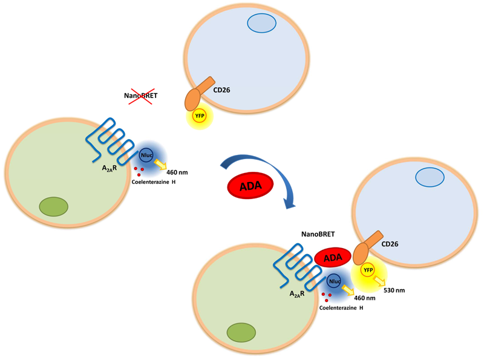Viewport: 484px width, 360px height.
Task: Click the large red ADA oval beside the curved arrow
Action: pyautogui.click(x=249, y=187)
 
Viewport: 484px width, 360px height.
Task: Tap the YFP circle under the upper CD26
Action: pyautogui.click(x=199, y=115)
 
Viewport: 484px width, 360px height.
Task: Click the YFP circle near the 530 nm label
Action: pyautogui.click(x=367, y=270)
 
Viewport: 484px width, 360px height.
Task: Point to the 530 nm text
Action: pyautogui.click(x=394, y=290)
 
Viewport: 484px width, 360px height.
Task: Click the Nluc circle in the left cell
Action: pyautogui.click(x=146, y=155)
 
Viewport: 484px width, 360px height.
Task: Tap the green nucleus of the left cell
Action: pyautogui.click(x=53, y=207)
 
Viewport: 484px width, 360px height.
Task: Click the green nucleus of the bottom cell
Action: pyautogui.click(x=241, y=332)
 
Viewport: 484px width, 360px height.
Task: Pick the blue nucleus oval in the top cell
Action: pyautogui.click(x=261, y=23)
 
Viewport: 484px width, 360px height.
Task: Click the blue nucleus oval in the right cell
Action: pyautogui.click(x=430, y=177)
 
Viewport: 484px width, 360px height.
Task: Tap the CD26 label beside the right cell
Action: pyautogui.click(x=391, y=245)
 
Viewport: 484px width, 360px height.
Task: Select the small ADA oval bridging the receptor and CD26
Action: pyautogui.click(x=332, y=257)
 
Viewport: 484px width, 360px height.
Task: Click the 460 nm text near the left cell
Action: pyautogui.click(x=176, y=172)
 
